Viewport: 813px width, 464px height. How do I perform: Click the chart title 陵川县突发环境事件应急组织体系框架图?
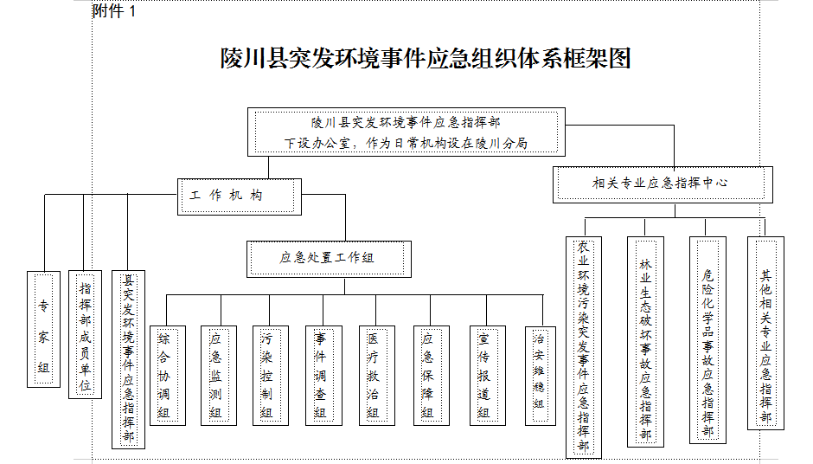(x=426, y=58)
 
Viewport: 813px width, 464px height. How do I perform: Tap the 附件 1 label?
(x=114, y=10)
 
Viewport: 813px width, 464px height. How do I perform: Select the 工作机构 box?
(x=240, y=197)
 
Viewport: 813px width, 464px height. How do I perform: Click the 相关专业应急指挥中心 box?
(x=663, y=184)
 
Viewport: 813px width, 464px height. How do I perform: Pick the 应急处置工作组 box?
(x=329, y=259)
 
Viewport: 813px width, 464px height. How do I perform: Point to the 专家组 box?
(x=43, y=329)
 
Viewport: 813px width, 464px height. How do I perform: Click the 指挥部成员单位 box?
(x=85, y=334)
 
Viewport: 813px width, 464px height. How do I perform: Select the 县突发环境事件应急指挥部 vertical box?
(x=128, y=359)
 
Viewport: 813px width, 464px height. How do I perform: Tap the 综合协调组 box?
(x=168, y=376)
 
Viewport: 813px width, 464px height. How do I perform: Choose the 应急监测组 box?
(x=219, y=376)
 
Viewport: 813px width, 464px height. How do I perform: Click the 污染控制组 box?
(x=270, y=376)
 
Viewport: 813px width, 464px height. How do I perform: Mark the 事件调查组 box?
(x=323, y=376)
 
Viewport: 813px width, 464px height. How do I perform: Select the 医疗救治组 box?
(x=377, y=376)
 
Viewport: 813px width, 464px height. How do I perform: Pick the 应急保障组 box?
(x=432, y=376)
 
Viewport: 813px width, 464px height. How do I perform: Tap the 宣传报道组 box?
(x=488, y=376)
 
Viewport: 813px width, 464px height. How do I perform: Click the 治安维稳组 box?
(x=541, y=377)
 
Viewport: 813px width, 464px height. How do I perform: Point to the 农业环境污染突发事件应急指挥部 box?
(x=583, y=348)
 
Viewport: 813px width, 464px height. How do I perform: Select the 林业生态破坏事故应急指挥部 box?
(x=645, y=342)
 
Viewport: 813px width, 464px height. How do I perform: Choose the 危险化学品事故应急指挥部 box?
(x=707, y=340)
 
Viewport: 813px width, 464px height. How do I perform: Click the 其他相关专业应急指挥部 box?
(x=765, y=333)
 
